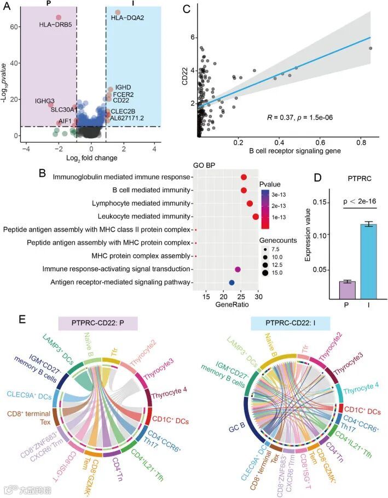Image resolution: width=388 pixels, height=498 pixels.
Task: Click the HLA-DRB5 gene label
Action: coord(55,25)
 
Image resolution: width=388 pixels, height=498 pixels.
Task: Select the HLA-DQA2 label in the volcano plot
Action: coord(128,18)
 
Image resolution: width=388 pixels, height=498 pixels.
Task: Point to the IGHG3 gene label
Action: coord(30,101)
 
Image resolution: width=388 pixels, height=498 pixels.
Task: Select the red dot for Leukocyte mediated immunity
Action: coord(256,216)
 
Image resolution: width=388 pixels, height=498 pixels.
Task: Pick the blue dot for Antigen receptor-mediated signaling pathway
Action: coord(231,283)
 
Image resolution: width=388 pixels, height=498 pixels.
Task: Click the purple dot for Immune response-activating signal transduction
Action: coord(238,269)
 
